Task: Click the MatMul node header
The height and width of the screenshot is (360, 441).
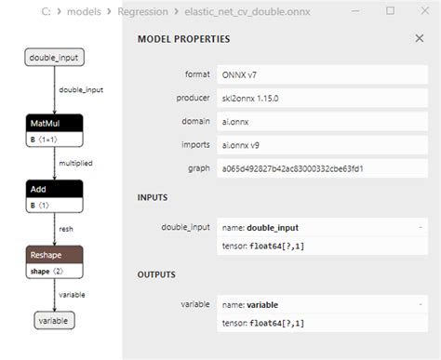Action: [x=53, y=122]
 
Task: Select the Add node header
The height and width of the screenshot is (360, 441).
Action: [x=53, y=189]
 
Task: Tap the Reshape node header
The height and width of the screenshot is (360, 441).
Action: [x=53, y=254]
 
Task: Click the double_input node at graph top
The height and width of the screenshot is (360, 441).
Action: [x=53, y=58]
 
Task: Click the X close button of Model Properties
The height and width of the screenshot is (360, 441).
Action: [x=419, y=39]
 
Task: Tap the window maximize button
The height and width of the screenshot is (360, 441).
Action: [x=390, y=10]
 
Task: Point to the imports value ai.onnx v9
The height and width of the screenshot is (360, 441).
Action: [x=244, y=144]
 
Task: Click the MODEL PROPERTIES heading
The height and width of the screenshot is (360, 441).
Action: [x=183, y=40]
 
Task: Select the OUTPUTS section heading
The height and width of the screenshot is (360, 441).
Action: [x=158, y=274]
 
